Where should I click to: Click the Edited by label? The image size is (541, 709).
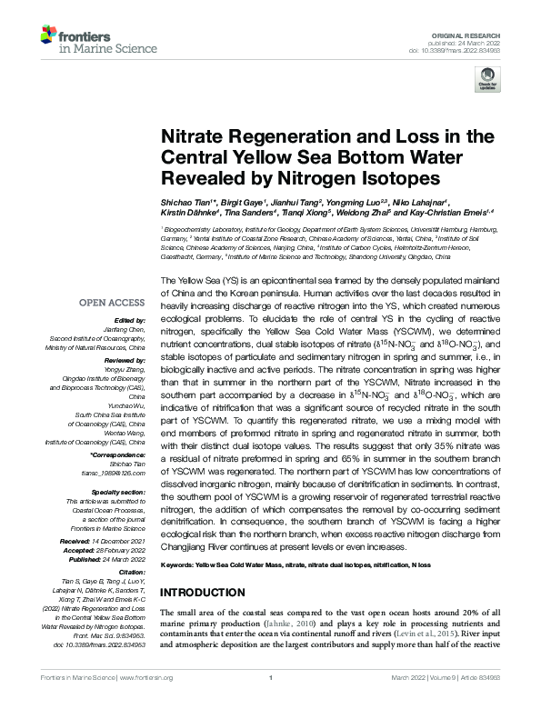(131, 320)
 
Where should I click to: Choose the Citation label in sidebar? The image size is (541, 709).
(130, 572)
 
